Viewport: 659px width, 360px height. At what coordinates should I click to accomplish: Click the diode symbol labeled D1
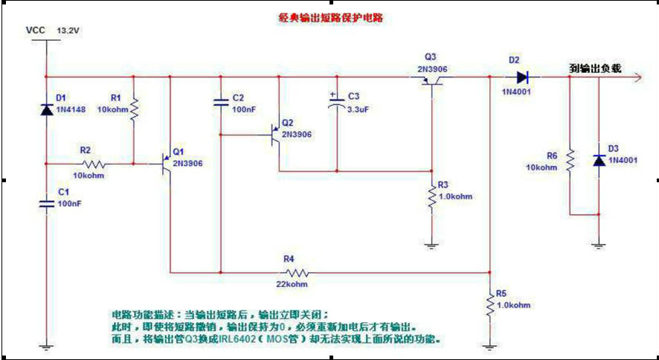[46, 110]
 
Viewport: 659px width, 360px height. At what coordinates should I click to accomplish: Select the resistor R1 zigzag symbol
[134, 111]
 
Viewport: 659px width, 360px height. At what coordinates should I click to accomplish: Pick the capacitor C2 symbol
[220, 103]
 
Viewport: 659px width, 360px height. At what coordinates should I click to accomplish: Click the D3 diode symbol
[599, 161]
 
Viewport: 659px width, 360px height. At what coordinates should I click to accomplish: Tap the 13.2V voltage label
[68, 30]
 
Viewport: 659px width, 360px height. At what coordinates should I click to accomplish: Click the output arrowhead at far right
[636, 76]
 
